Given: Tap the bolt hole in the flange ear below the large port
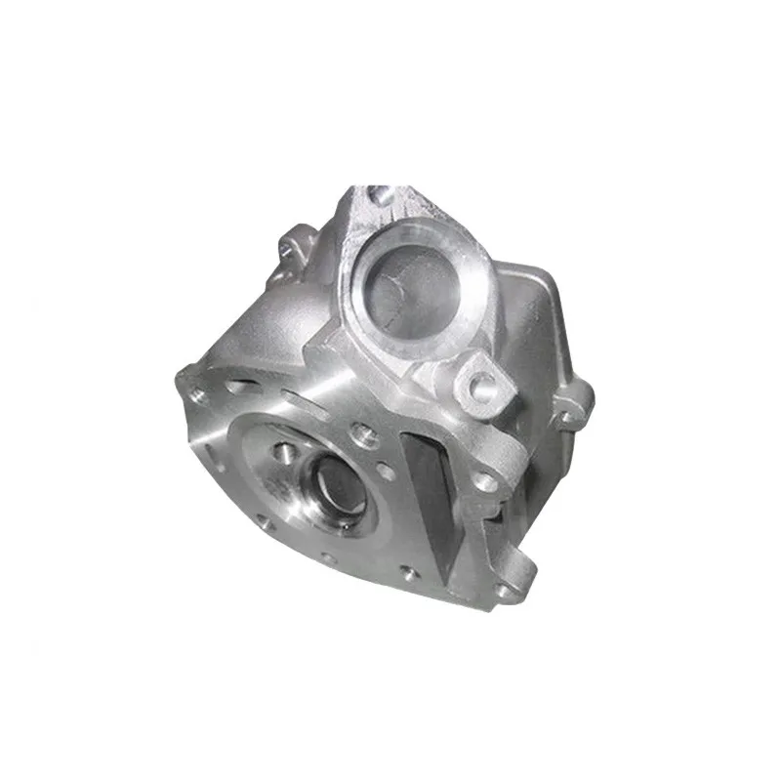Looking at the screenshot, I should point(481,383).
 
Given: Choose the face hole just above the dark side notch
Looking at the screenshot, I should point(483,481).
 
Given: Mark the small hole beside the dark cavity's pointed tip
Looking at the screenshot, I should point(410,572).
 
